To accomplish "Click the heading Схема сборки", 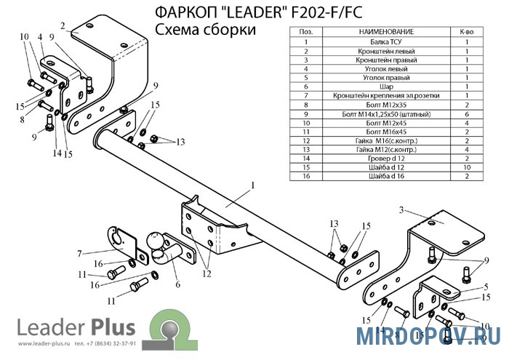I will [x=205, y=30].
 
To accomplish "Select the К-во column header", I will [x=466, y=33].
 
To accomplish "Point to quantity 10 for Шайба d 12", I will [x=466, y=166].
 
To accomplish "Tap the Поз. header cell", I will [x=306, y=33].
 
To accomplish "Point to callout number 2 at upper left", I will [x=64, y=25].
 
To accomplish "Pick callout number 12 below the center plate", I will [x=207, y=274].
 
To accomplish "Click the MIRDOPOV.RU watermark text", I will [x=428, y=336].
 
